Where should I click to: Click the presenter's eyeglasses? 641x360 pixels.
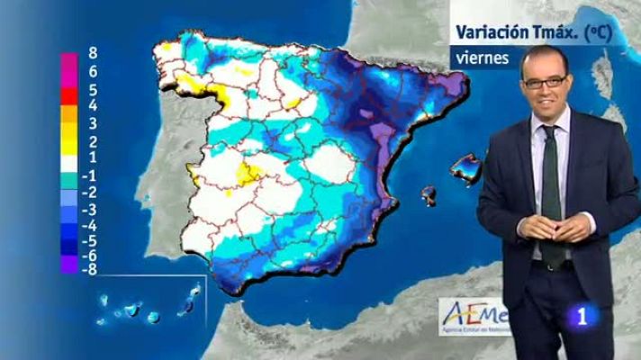click(545, 82)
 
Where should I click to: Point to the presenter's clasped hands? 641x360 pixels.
click(552, 227)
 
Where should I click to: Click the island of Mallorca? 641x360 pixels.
click(467, 166)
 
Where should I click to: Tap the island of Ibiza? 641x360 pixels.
click(429, 193)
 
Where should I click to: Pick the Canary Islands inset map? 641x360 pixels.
click(149, 307)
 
